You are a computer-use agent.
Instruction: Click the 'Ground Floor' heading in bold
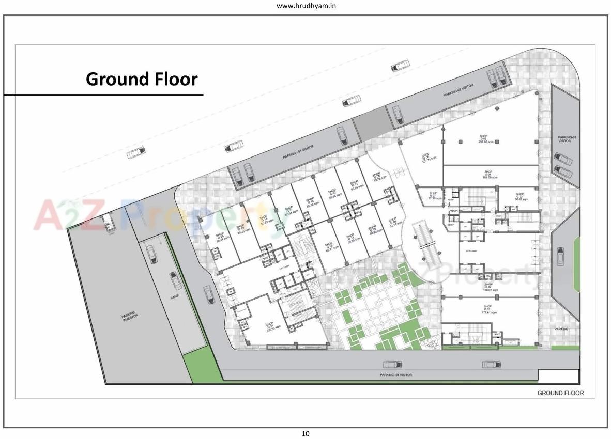click(142, 79)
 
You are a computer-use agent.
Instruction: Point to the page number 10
click(305, 434)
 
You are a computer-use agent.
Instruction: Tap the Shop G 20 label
click(223, 237)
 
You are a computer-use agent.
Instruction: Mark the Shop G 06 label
click(426, 157)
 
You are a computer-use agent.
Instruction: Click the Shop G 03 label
click(520, 196)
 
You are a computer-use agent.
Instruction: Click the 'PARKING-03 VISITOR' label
click(564, 139)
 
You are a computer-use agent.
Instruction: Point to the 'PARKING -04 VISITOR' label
click(396, 375)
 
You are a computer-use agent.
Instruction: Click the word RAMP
click(175, 297)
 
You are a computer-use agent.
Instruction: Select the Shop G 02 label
click(488, 287)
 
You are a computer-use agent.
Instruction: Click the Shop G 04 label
click(488, 174)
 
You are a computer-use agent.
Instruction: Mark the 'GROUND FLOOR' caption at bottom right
click(560, 393)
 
